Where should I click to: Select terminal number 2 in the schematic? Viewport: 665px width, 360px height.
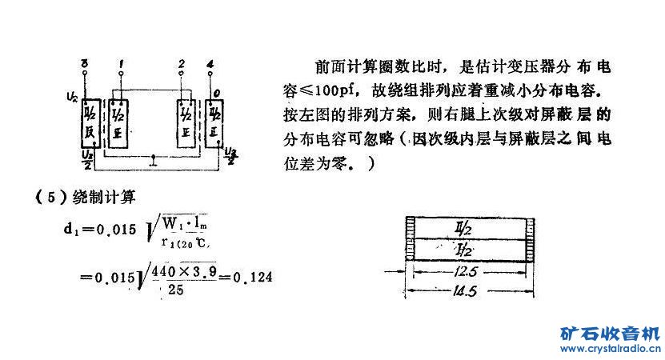tap(183, 62)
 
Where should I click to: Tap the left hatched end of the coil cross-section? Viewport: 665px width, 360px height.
tap(410, 240)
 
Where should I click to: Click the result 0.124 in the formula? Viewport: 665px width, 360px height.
tap(253, 278)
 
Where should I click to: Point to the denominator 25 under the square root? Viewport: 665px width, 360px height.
tap(174, 291)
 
